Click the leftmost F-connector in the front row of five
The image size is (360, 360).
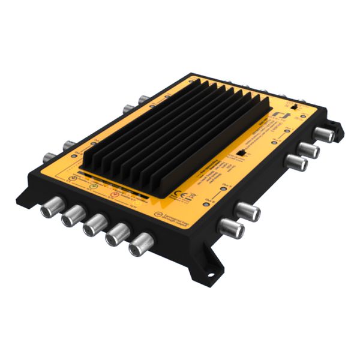point(49,209)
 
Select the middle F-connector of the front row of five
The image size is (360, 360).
point(94,226)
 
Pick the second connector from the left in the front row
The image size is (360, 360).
point(71,217)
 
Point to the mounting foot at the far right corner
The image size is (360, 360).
point(339,128)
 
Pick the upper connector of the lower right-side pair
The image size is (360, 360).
point(247,211)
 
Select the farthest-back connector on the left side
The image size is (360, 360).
point(145,100)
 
